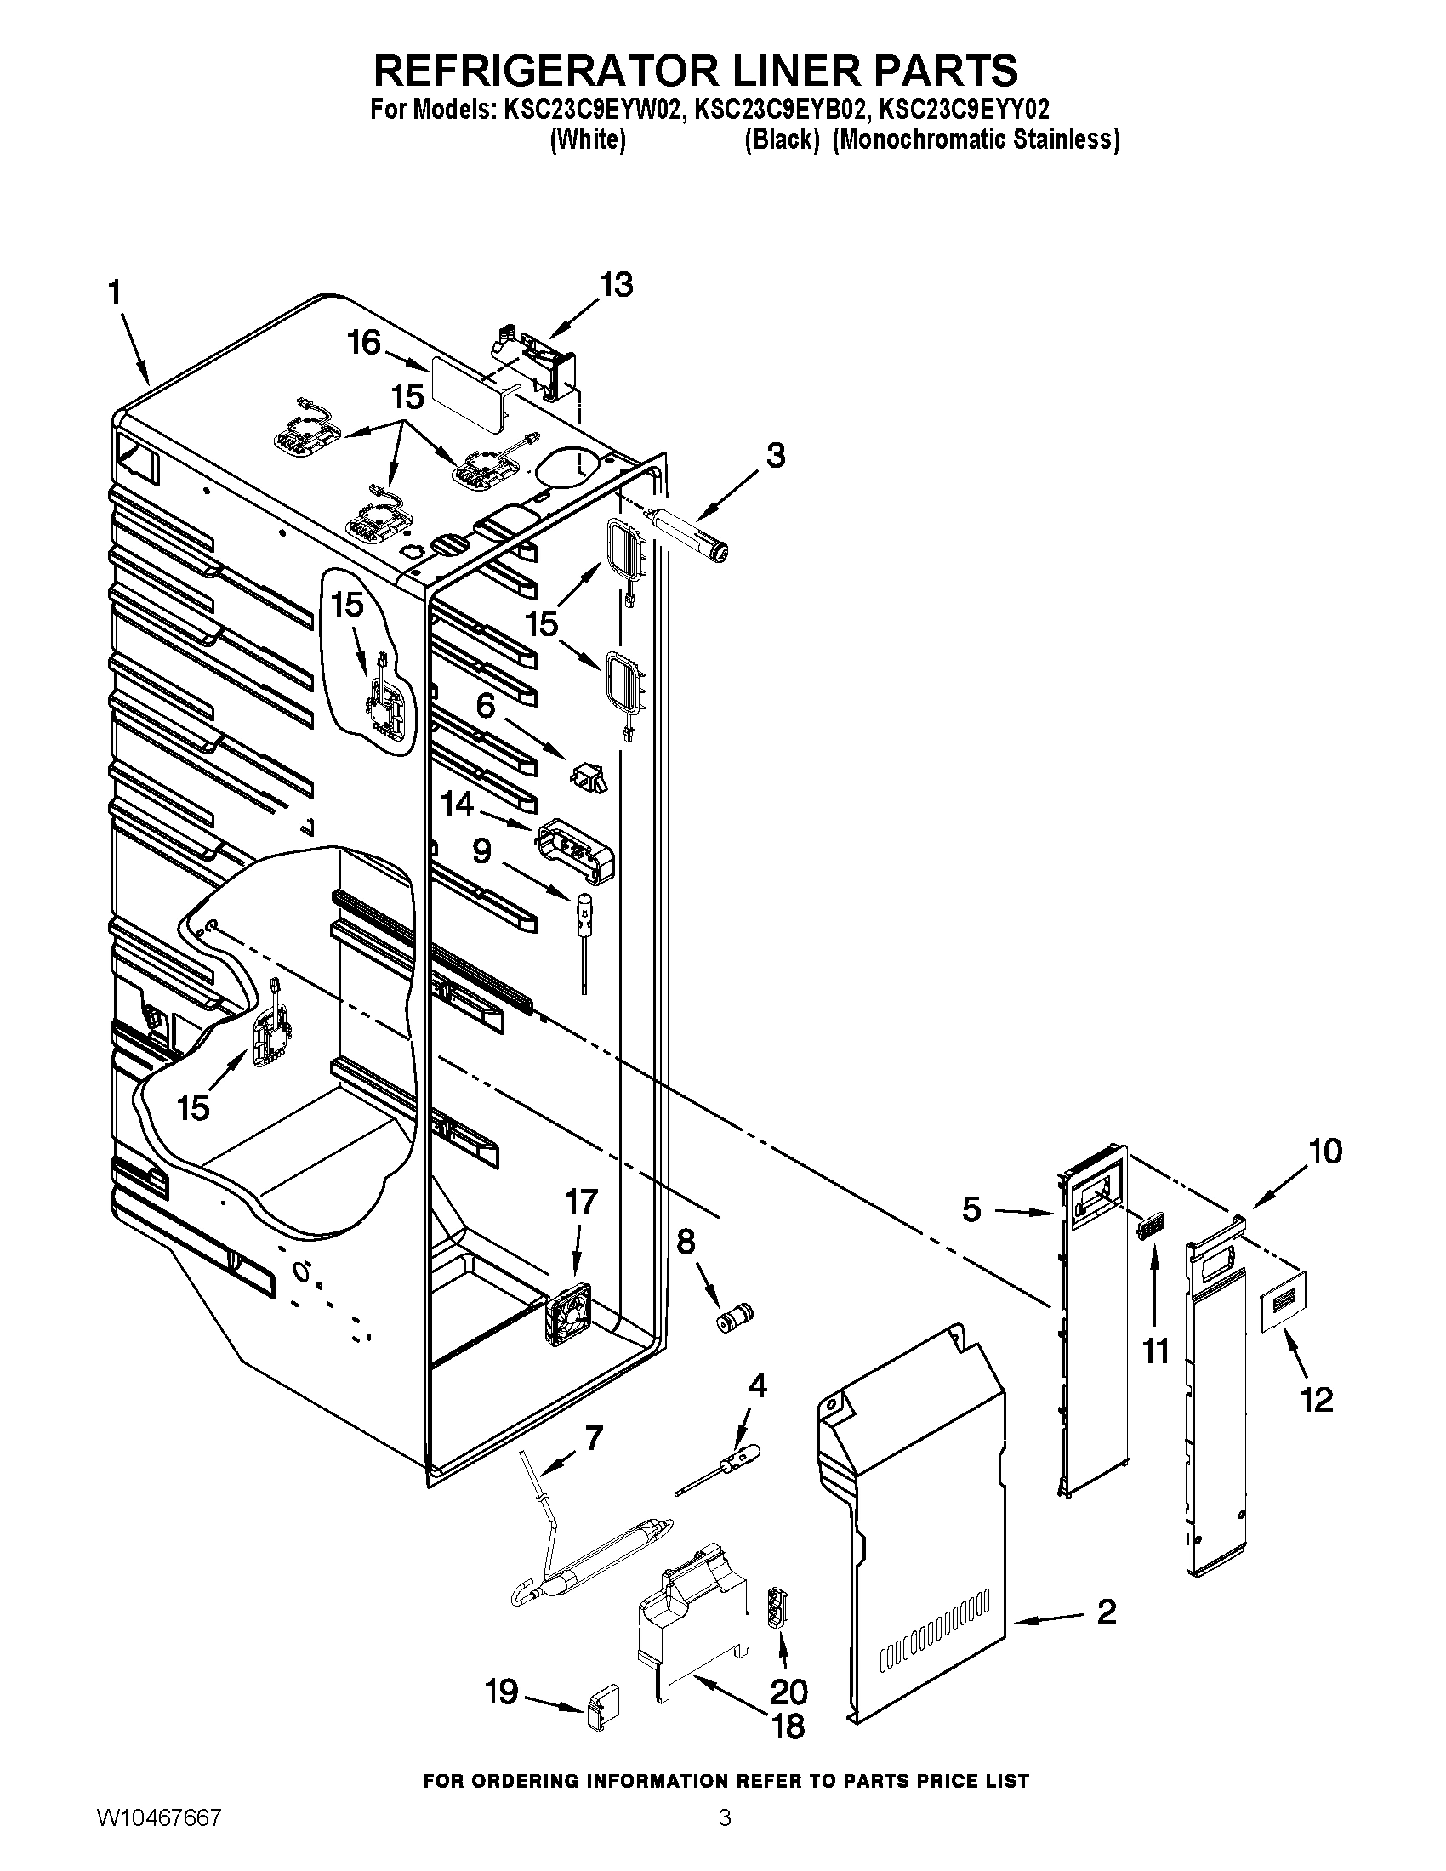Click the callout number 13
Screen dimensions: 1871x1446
617,284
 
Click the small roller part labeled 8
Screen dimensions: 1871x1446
734,1317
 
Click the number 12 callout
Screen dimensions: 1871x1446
1317,1400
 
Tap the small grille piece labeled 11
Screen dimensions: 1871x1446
1149,1227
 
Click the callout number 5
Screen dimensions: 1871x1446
971,1209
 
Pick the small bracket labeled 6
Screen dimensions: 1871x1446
589,778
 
